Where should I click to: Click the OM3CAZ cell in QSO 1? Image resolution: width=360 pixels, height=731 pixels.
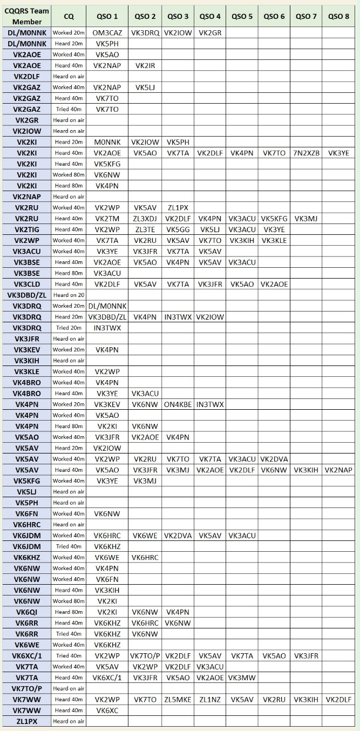107,33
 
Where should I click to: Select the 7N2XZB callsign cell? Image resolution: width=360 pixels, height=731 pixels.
305,153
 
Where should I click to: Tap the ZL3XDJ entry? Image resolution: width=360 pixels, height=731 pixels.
145,219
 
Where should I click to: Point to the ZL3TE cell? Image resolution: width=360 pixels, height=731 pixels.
145,229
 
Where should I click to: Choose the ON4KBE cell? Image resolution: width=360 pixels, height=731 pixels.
177,404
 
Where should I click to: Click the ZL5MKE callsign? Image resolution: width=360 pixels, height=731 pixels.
177,699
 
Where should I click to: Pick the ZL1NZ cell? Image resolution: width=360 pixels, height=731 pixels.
209,699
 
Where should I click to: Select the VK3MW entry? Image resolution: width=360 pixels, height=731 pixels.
242,678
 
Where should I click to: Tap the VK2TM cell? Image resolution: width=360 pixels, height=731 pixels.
107,219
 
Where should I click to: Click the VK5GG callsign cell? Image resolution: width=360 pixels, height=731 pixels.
177,229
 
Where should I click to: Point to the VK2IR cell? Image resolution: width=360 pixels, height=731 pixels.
145,65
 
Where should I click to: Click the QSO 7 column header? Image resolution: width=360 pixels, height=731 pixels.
305,16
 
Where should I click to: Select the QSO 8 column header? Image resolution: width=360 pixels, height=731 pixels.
338,16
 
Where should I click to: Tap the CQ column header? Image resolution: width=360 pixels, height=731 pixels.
69,16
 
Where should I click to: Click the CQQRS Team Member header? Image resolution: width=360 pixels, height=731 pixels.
26,16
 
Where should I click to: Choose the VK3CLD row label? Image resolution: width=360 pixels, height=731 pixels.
26,284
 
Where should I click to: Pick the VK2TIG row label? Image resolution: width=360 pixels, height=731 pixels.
26,229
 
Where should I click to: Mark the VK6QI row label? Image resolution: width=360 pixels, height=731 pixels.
26,612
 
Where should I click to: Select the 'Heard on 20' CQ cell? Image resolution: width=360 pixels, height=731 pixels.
69,295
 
